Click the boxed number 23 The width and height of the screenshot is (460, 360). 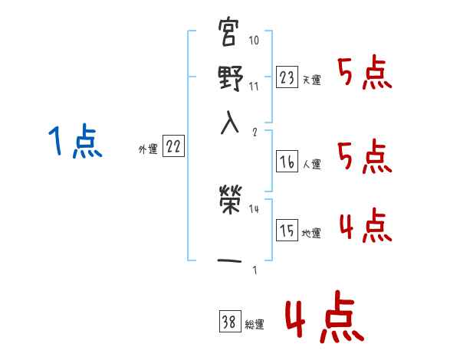coord(287,77)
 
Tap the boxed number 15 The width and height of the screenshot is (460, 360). coord(287,231)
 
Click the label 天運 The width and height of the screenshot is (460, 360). coord(312,80)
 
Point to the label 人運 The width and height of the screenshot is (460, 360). coord(312,164)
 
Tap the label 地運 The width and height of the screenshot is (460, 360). coord(312,234)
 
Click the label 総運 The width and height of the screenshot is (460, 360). coord(255,325)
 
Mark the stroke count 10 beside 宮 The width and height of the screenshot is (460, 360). coord(255,40)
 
